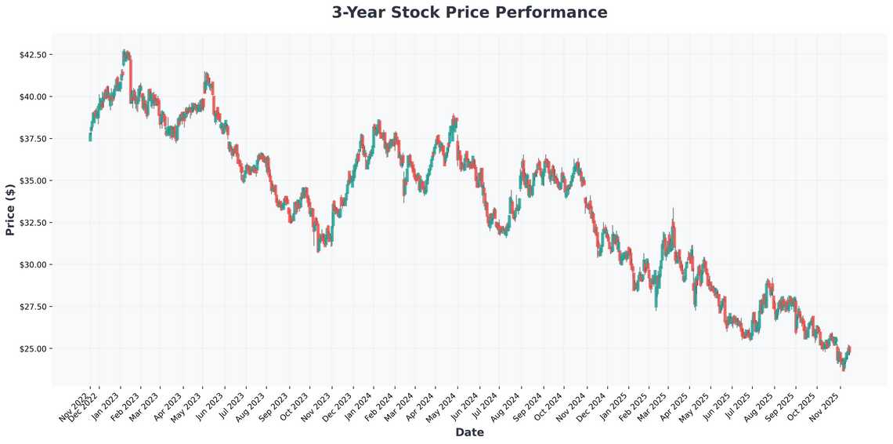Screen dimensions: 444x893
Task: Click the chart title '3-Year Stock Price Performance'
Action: (x=469, y=13)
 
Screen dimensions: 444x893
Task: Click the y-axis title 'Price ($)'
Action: (x=10, y=209)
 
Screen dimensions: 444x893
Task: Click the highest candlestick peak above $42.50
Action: (x=125, y=52)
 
